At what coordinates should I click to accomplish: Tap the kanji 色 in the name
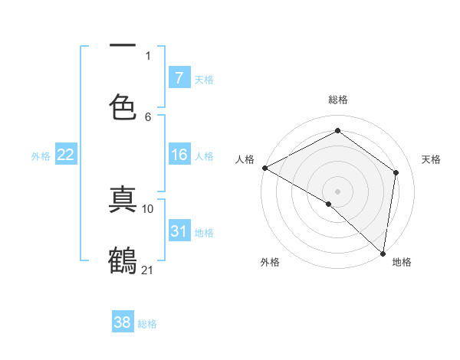(x=123, y=106)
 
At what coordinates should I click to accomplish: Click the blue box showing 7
(x=179, y=78)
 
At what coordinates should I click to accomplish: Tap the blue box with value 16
(x=179, y=155)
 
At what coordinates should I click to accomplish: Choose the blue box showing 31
(x=179, y=231)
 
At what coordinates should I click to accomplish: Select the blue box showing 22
(x=66, y=155)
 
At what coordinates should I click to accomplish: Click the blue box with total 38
(x=123, y=322)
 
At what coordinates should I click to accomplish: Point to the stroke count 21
(x=148, y=269)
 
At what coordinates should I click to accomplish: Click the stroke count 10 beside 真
(x=148, y=208)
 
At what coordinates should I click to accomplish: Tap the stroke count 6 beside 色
(x=148, y=116)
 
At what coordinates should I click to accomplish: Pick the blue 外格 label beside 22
(x=41, y=156)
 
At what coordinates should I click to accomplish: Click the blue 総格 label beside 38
(x=147, y=324)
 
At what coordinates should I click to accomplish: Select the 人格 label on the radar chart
(x=245, y=159)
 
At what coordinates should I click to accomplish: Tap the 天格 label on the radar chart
(x=431, y=159)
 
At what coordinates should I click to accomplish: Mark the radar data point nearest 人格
(x=264, y=168)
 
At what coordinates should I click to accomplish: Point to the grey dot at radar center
(x=337, y=191)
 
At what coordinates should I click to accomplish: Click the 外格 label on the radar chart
(x=270, y=263)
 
